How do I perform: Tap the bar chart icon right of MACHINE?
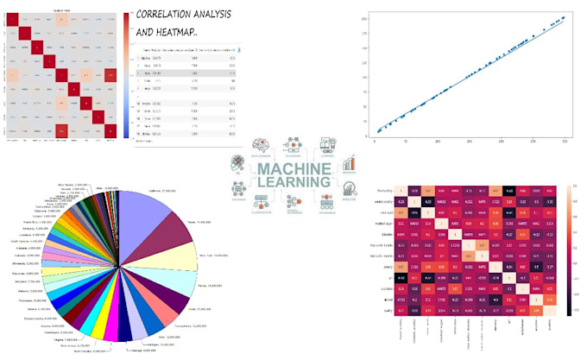pyautogui.click(x=350, y=162)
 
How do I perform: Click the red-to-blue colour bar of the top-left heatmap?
pyautogui.click(x=127, y=73)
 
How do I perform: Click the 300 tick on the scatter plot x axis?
pyautogui.click(x=564, y=142)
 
